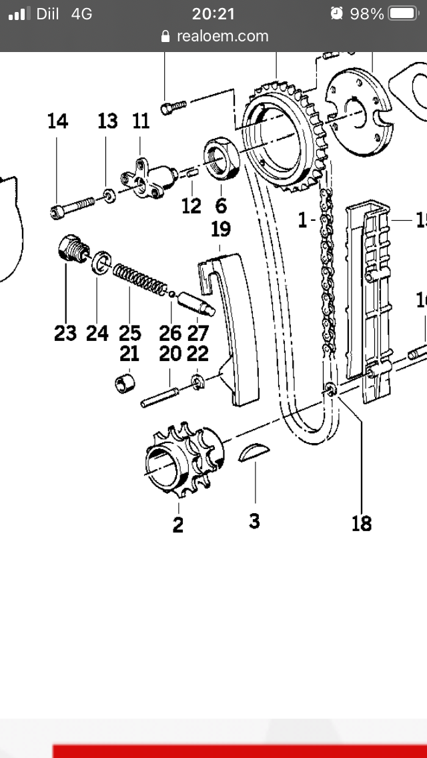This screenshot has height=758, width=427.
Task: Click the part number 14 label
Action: click(x=57, y=121)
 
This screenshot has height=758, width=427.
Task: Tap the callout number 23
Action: click(x=65, y=333)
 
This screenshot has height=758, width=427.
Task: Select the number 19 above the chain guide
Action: click(x=220, y=230)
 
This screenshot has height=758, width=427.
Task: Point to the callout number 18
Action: click(x=361, y=524)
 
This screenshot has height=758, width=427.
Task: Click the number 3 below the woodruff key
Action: click(x=254, y=521)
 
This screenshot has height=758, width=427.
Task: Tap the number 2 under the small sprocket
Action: click(x=177, y=525)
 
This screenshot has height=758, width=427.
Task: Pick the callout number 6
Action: click(x=221, y=206)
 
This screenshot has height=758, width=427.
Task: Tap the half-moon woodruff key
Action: click(x=254, y=452)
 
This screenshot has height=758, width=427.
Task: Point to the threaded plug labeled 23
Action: click(x=69, y=250)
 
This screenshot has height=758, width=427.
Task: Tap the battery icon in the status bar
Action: click(x=402, y=13)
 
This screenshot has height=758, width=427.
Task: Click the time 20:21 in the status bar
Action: click(x=213, y=13)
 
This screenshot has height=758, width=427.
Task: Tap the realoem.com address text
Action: click(x=222, y=36)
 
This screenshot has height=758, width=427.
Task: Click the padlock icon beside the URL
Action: click(x=166, y=37)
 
